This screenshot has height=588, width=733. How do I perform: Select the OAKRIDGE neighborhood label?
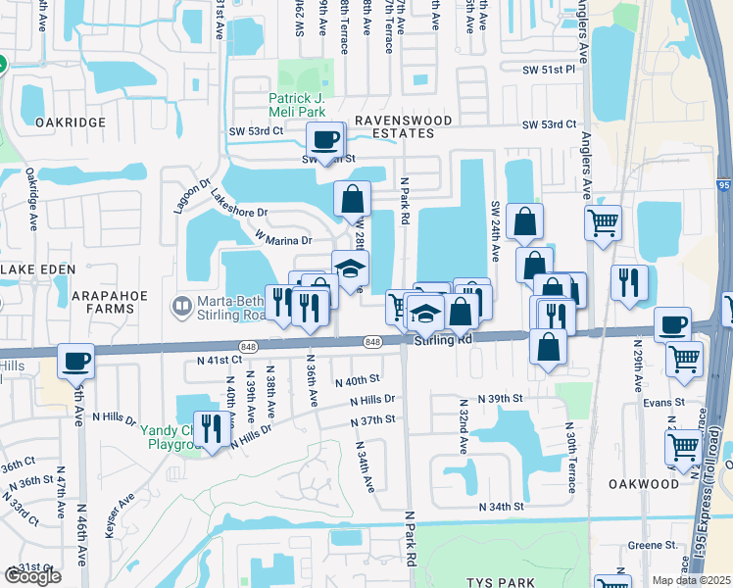tap(70, 122)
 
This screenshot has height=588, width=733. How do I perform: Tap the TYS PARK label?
tap(501, 582)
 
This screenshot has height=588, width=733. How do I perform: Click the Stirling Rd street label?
tap(443, 340)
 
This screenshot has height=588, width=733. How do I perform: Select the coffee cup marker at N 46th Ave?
tap(75, 361)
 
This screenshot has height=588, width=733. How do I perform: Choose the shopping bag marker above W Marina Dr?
tap(352, 199)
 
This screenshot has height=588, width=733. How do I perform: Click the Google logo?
tap(32, 576)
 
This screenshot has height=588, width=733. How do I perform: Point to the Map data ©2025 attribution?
tap(691, 579)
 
